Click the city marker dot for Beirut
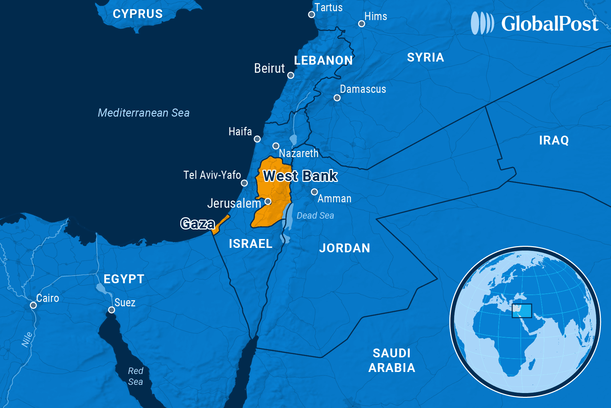point(291,75)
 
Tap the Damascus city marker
point(337,98)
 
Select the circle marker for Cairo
point(33,305)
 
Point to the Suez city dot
point(111,310)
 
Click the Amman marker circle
point(314,192)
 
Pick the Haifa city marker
point(257,139)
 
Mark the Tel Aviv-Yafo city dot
point(244,183)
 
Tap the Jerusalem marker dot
point(268,201)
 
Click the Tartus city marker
point(311,15)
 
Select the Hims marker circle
point(362,24)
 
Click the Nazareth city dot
point(276,146)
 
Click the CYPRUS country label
point(137,14)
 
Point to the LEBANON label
point(323,61)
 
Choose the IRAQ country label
point(554,140)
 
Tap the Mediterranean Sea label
point(144,113)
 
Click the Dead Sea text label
point(315,216)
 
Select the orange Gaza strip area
point(221,224)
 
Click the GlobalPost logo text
point(550,24)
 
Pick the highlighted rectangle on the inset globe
point(522,311)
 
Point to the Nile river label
point(27,339)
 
